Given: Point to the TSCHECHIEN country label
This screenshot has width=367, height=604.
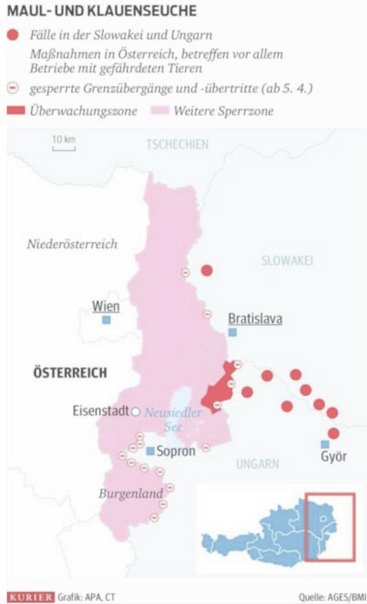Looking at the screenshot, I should click(177, 144).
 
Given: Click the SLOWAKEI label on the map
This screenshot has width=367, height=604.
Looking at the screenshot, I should click(287, 260).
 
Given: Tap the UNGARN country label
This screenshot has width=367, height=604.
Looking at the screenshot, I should click(257, 463).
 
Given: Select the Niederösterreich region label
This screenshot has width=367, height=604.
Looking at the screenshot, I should click(72, 244).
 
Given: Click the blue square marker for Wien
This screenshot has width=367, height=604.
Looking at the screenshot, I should click(106, 320).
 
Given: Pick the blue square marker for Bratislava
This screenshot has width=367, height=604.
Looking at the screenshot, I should click(232, 333).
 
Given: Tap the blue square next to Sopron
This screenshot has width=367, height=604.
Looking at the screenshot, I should click(151, 451).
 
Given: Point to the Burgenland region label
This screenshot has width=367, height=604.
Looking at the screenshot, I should click(130, 493).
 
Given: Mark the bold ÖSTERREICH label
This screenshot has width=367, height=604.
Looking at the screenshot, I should click(70, 373).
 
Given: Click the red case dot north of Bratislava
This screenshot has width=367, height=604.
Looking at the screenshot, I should click(207, 270).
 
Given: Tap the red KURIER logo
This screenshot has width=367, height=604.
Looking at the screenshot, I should click(30, 597).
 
